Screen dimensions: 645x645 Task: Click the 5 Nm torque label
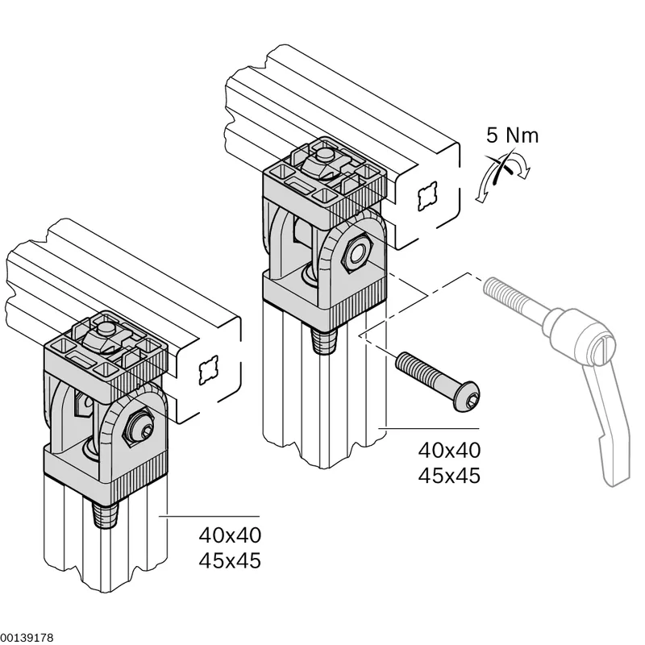512,135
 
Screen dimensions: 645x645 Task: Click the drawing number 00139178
27,638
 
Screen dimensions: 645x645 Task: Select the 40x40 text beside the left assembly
230,535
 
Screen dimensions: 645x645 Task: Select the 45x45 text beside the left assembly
230,560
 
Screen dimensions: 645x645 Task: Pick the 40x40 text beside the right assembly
449,451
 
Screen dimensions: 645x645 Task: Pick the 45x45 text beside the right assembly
449,476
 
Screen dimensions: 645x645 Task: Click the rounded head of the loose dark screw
466,397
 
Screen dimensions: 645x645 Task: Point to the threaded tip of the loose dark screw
404,361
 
